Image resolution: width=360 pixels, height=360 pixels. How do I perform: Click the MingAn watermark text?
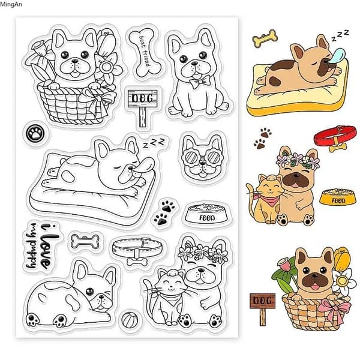[11, 4]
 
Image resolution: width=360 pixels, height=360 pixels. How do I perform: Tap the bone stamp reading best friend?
[145, 52]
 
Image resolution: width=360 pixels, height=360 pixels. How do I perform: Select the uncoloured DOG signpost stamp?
[143, 107]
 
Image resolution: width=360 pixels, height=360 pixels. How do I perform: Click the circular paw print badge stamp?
[35, 133]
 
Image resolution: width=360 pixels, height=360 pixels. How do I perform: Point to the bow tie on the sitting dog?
[200, 82]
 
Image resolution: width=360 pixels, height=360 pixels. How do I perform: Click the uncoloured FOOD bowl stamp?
[206, 214]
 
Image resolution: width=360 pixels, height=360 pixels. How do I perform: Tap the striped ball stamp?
[130, 319]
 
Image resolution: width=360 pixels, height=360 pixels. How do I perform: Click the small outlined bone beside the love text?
[85, 242]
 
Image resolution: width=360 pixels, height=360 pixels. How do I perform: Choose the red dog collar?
[335, 137]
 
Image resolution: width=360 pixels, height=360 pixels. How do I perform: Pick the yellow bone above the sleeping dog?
[265, 38]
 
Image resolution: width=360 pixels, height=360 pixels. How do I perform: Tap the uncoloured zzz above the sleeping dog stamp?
[154, 143]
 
